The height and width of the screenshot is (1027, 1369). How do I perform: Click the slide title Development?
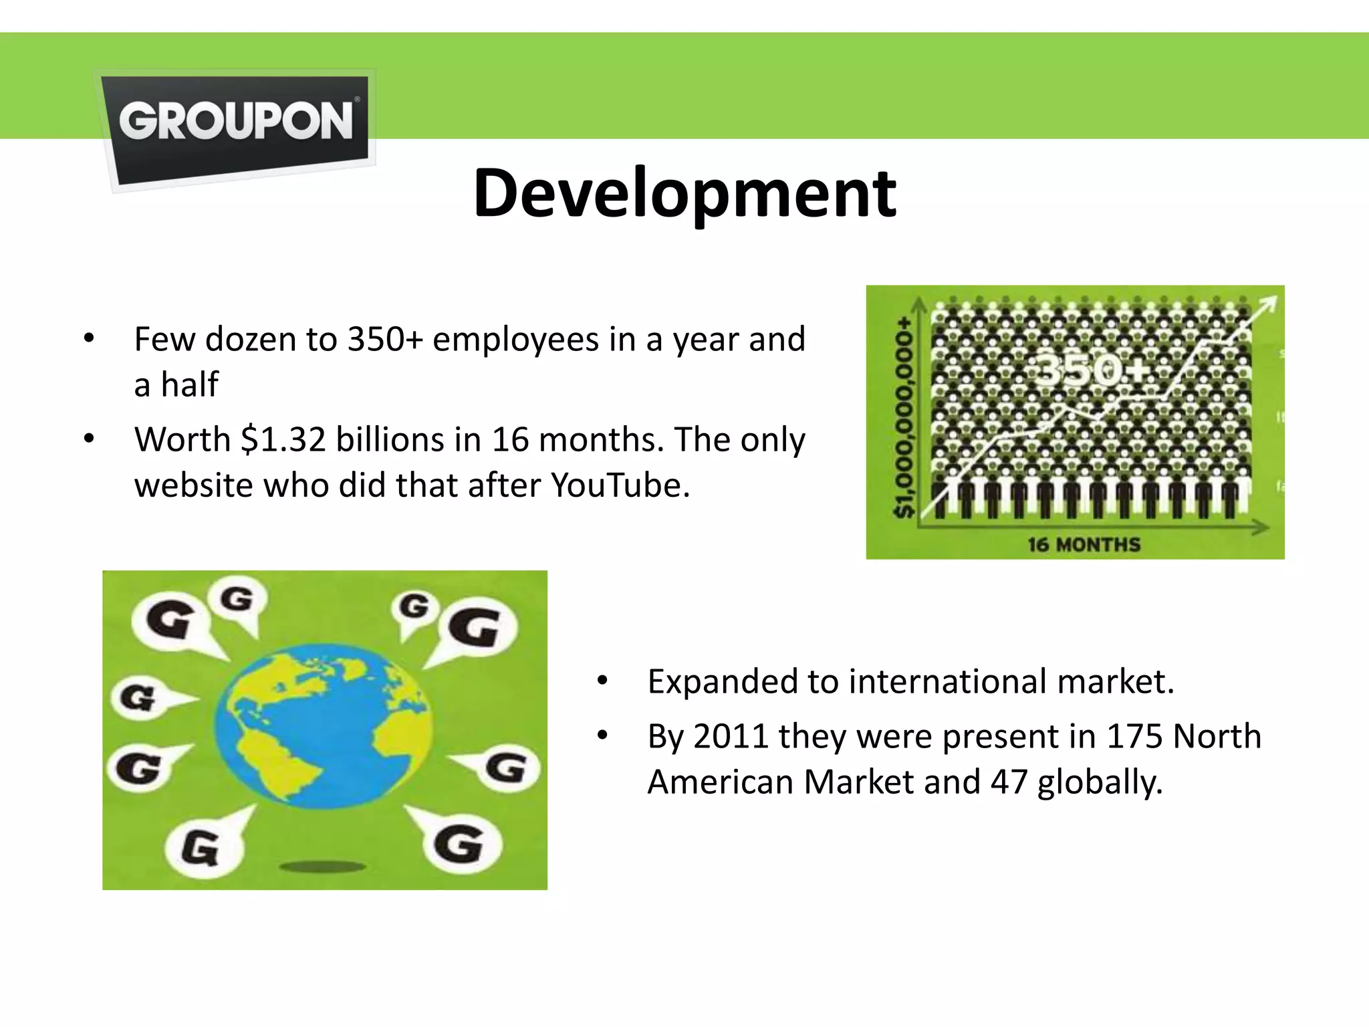pyautogui.click(x=684, y=194)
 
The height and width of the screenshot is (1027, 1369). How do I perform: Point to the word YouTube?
pyautogui.click(x=619, y=485)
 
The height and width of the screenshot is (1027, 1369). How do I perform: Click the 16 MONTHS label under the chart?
pyautogui.click(x=1084, y=545)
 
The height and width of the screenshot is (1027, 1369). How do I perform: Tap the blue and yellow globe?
pyautogui.click(x=324, y=722)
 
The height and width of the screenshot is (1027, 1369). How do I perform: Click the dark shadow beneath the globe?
pyautogui.click(x=323, y=867)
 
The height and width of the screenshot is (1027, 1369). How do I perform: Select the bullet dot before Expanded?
pyautogui.click(x=602, y=681)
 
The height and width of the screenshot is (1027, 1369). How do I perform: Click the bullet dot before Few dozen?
pyautogui.click(x=89, y=339)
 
